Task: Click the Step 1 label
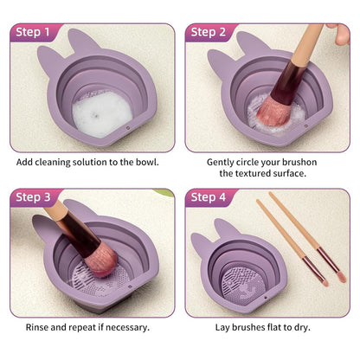[x=35, y=32]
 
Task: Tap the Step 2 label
[x=209, y=32]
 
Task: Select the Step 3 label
[x=35, y=197]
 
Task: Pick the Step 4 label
[x=209, y=197]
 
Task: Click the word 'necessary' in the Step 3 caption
[x=125, y=327]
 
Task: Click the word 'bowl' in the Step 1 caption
[x=145, y=162]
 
